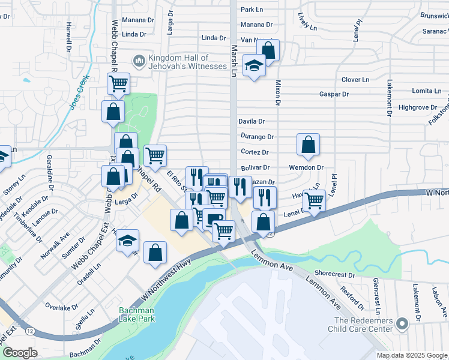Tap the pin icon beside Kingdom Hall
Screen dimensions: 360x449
[139, 61]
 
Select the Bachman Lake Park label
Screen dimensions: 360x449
[136, 314]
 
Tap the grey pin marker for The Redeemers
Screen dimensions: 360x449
[402, 325]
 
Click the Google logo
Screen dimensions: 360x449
[20, 353]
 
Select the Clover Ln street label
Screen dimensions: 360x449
[355, 79]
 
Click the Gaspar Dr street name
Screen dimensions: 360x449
[334, 94]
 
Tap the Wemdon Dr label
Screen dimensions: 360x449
[306, 167]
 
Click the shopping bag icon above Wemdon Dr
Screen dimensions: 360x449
[308, 145]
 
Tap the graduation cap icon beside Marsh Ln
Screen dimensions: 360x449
[254, 65]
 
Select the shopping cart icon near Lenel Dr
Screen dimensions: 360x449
[314, 201]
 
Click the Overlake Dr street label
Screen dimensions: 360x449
[59, 307]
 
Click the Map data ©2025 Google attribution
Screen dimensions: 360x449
[412, 355]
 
